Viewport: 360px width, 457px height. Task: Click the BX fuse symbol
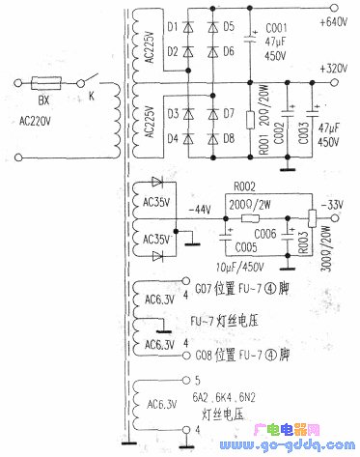click(42, 83)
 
